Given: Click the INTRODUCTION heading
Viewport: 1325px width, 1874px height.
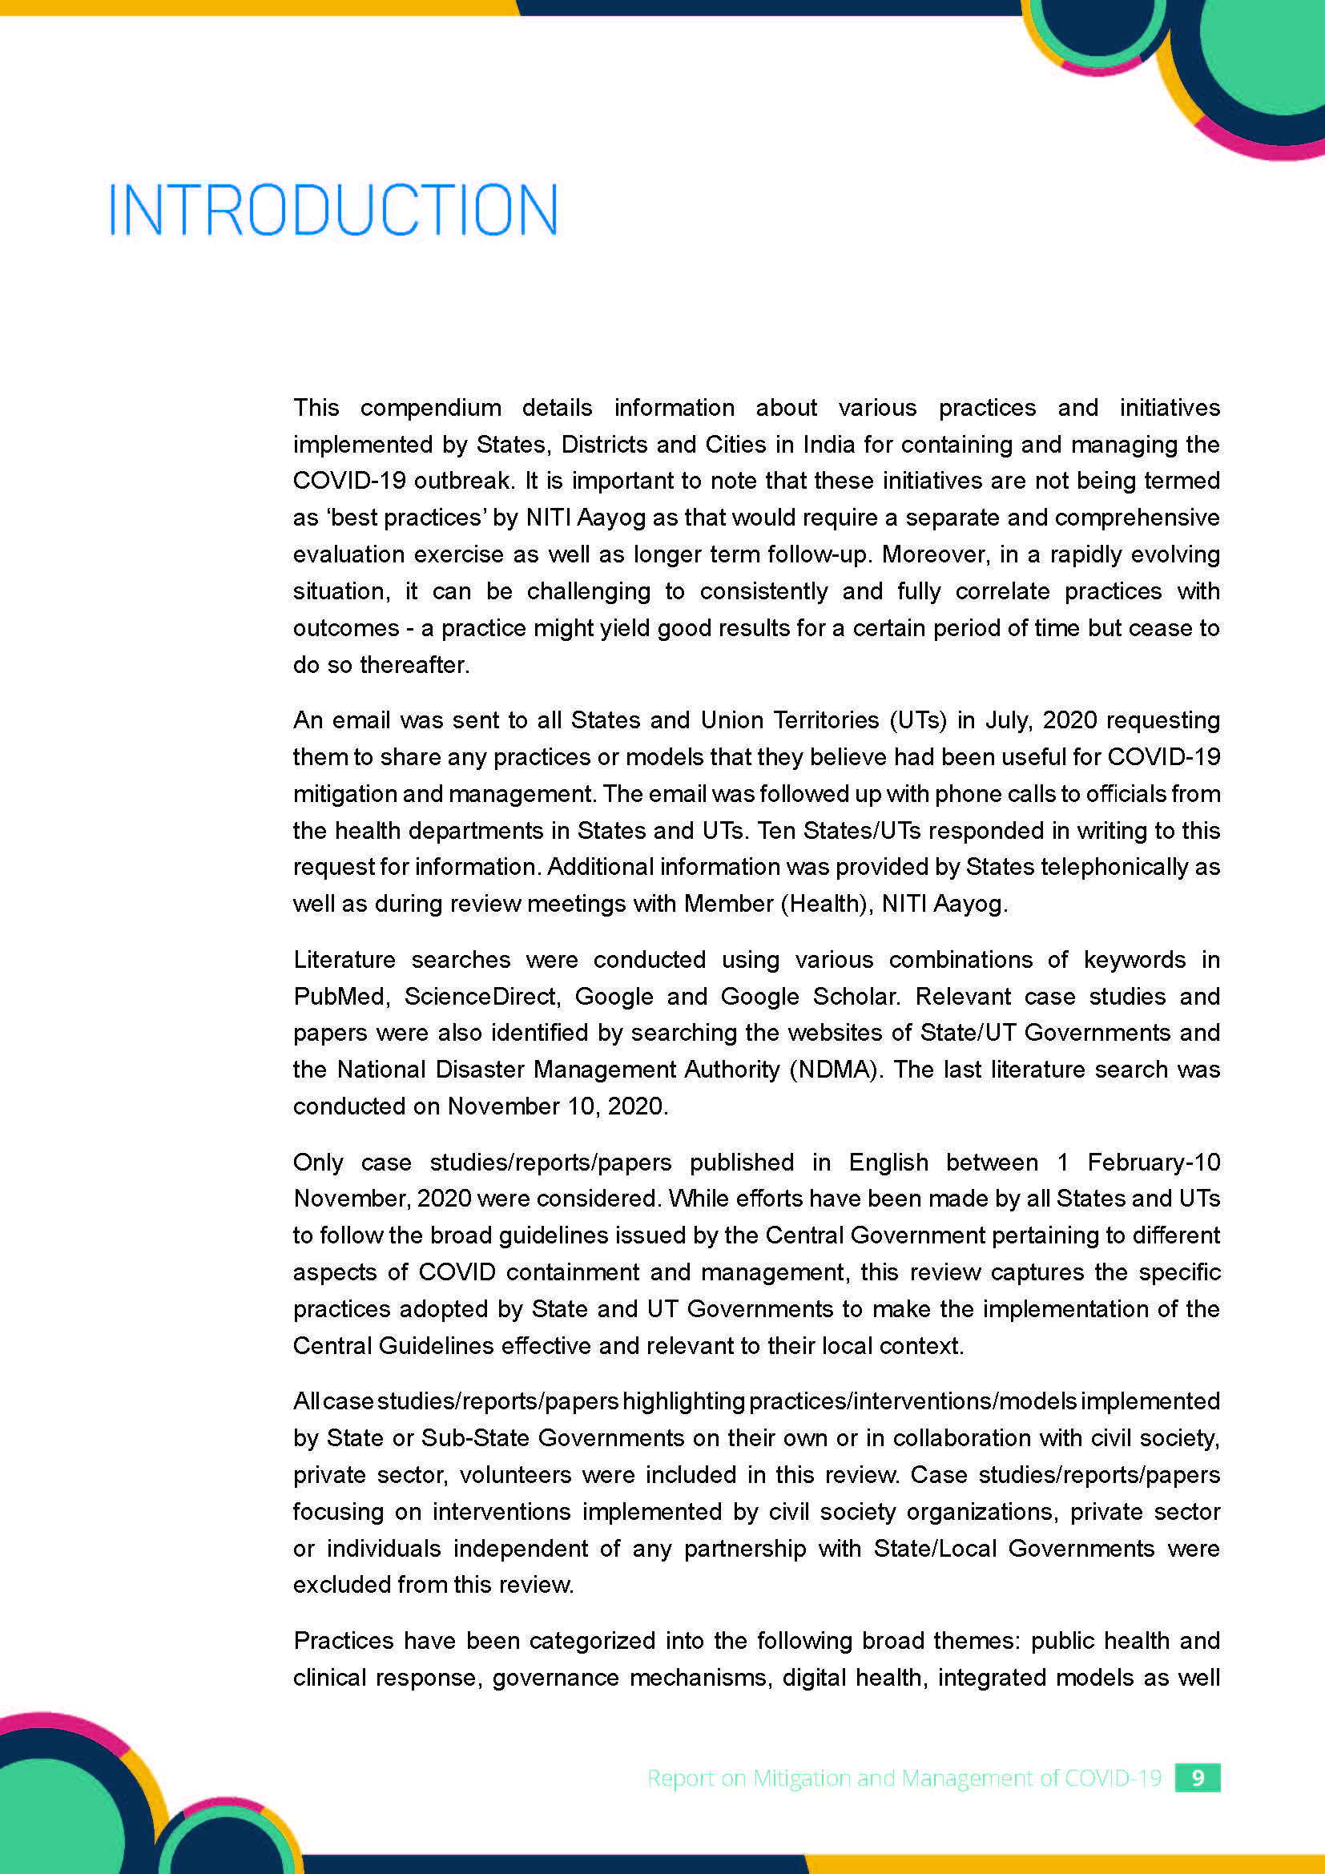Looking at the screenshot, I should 333,211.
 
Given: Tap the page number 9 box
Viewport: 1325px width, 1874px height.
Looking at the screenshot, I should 1197,1778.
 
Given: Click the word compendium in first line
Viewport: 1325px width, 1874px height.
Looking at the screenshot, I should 430,407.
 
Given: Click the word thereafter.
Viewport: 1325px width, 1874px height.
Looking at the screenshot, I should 414,664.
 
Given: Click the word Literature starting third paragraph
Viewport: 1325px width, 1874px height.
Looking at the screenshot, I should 344,959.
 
